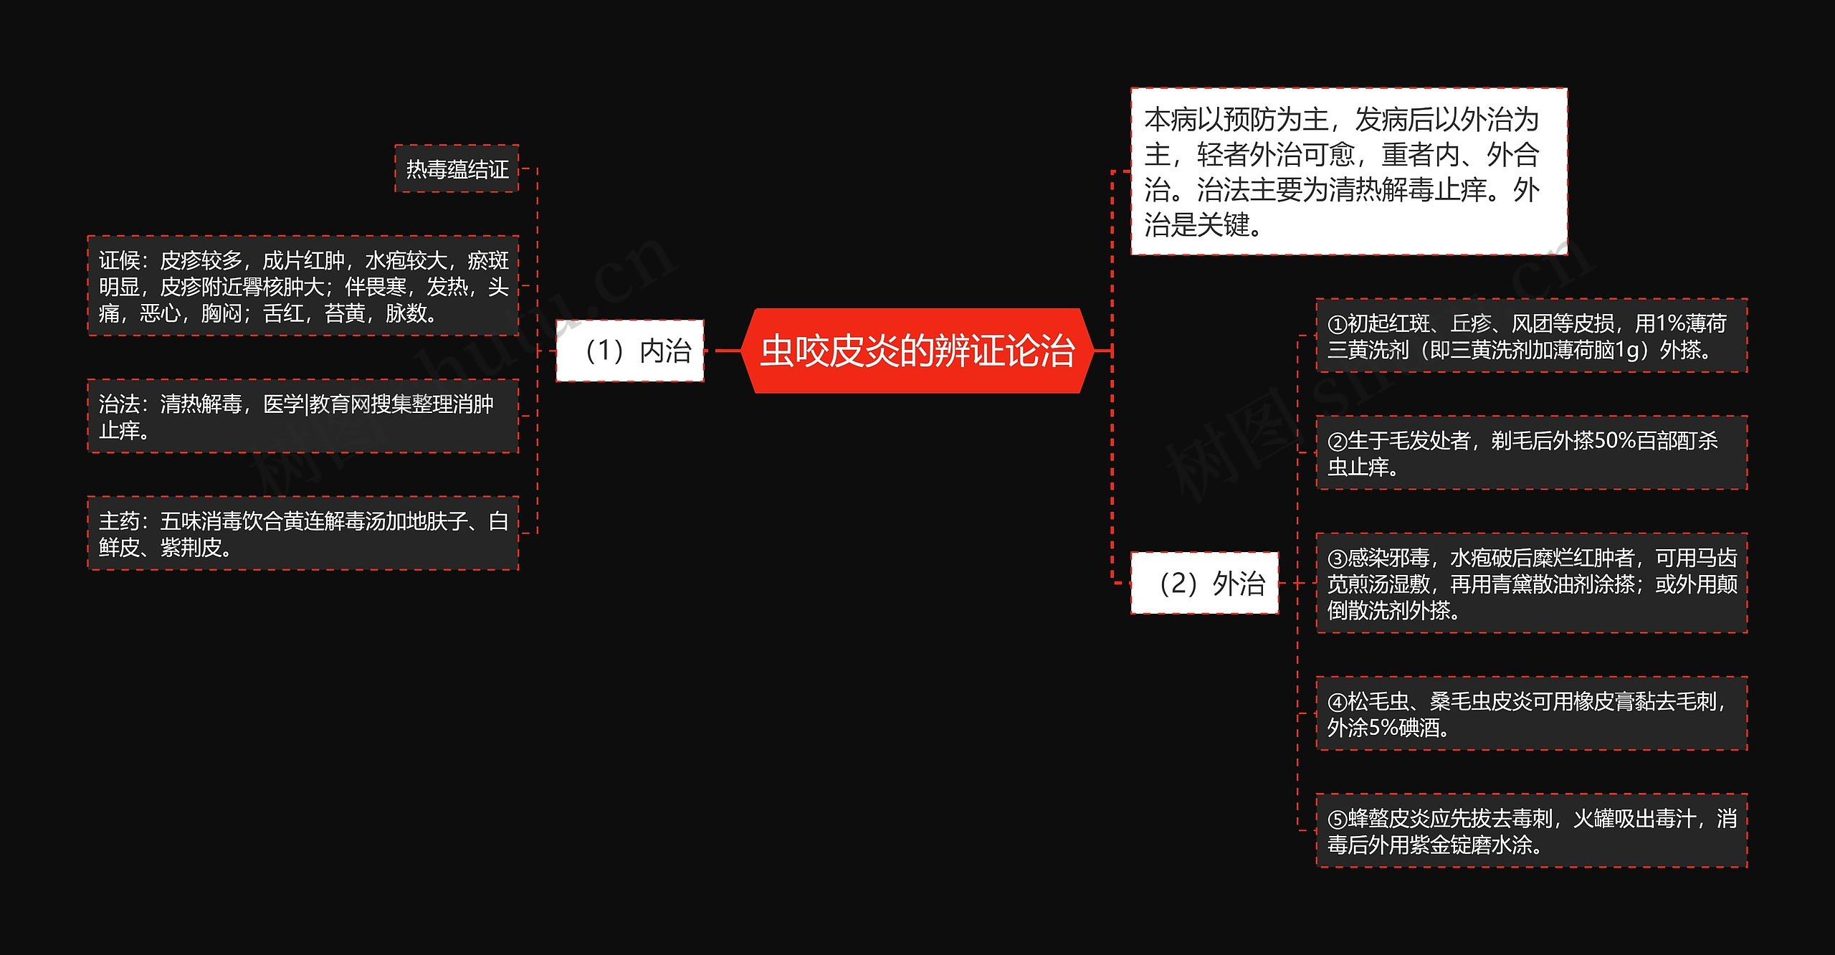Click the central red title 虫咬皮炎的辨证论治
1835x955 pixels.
[x=917, y=351]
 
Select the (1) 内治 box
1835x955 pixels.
[x=630, y=351]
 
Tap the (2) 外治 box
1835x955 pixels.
[x=1204, y=583]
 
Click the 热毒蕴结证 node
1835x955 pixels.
[x=457, y=169]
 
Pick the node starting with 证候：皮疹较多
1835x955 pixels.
[x=303, y=286]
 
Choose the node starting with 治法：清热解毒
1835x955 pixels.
[x=303, y=417]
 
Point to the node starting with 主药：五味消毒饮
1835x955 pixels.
[x=303, y=533]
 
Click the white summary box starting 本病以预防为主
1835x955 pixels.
[x=1348, y=172]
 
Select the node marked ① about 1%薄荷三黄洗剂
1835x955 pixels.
[x=1531, y=336]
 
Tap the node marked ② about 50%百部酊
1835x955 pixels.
[x=1531, y=453]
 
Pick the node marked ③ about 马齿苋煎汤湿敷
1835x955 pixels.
[x=1531, y=584]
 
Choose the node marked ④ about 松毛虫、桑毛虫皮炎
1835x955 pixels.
[x=1531, y=714]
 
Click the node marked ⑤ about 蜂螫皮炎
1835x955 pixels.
[x=1531, y=831]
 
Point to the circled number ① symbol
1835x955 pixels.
[x=1338, y=324]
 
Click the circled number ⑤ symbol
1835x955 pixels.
[x=1338, y=819]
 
